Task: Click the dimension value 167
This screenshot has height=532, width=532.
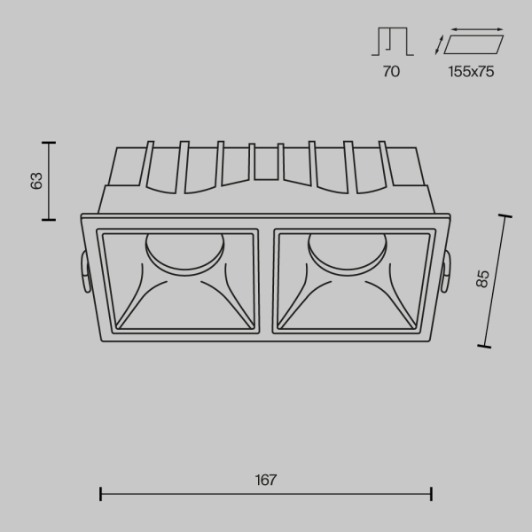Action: pyautogui.click(x=266, y=481)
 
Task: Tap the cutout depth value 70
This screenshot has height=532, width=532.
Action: pyautogui.click(x=391, y=72)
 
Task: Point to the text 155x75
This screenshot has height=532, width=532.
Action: pyautogui.click(x=470, y=72)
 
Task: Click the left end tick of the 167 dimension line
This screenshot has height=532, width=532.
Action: pyautogui.click(x=100, y=494)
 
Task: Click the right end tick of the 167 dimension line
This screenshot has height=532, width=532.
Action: pyautogui.click(x=432, y=494)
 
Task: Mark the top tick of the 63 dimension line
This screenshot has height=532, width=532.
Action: pyautogui.click(x=49, y=142)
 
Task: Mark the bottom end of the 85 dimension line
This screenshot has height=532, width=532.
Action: pyautogui.click(x=486, y=346)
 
